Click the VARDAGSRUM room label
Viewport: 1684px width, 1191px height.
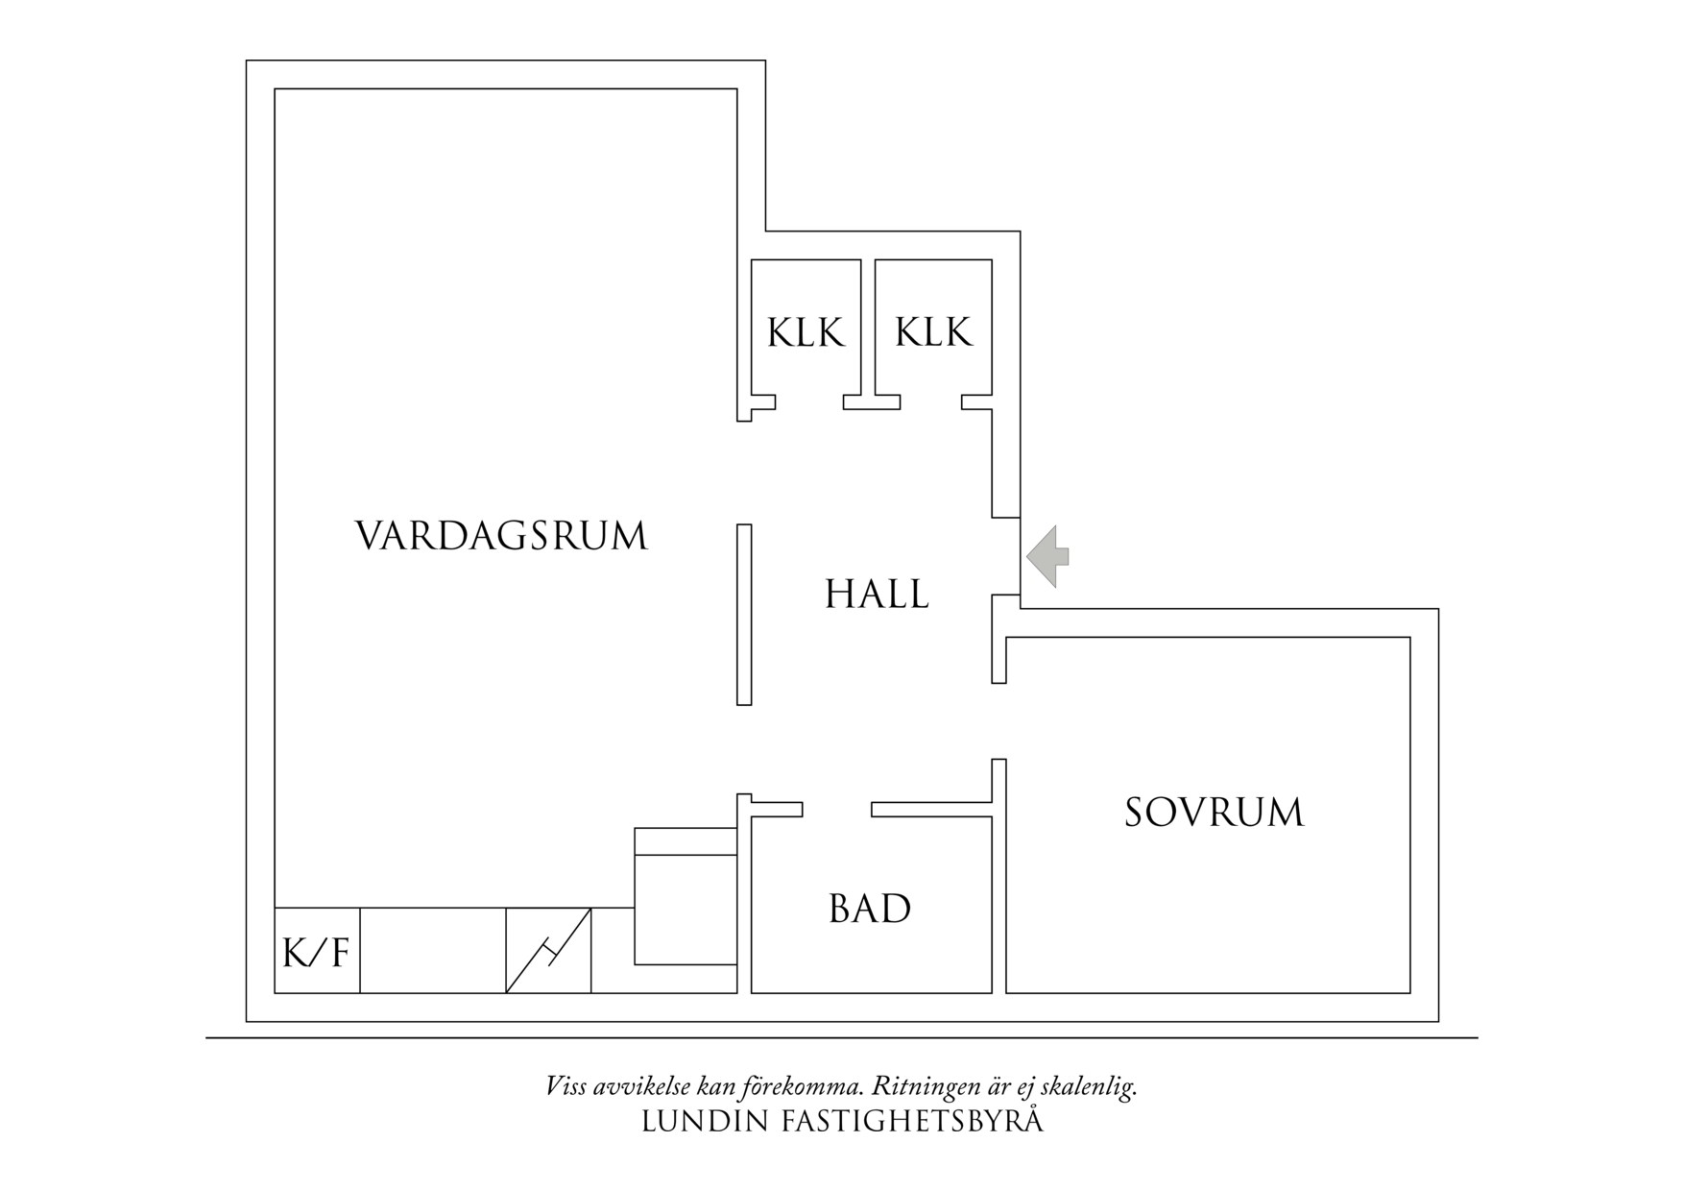click(x=501, y=536)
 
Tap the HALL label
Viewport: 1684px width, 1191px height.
click(x=877, y=595)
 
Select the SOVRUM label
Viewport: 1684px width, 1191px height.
click(x=1214, y=813)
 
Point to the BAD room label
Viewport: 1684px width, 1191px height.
click(x=870, y=909)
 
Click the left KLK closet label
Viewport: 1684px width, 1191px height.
click(x=806, y=333)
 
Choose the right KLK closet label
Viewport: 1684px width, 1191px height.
click(x=933, y=333)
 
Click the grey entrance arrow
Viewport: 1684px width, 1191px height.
click(x=1048, y=556)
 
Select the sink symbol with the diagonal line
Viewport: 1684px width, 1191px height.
click(x=548, y=951)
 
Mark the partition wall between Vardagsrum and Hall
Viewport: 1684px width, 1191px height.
click(x=744, y=615)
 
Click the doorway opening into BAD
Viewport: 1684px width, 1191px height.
click(x=837, y=810)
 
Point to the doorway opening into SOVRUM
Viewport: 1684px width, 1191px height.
click(x=998, y=721)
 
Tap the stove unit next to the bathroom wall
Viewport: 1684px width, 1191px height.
click(x=686, y=896)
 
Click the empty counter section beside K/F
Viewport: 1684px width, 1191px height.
click(x=433, y=951)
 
